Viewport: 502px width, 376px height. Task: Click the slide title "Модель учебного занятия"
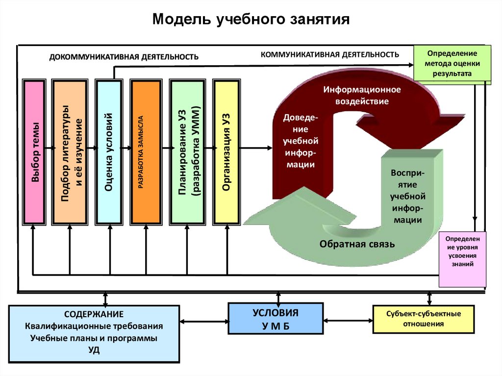(x=251, y=20)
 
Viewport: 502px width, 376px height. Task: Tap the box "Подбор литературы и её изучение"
(x=70, y=152)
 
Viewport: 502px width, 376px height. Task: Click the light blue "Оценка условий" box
(x=109, y=152)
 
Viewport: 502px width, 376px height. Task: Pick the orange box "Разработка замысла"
(x=146, y=152)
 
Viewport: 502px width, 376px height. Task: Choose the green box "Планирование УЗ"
(x=187, y=152)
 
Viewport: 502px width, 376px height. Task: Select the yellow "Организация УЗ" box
(x=226, y=152)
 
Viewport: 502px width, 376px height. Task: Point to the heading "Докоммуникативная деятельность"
(x=124, y=57)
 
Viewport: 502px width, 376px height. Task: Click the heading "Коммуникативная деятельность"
(x=329, y=54)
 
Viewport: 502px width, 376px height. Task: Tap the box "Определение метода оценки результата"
(x=452, y=63)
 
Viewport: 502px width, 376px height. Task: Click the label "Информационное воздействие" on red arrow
(x=362, y=95)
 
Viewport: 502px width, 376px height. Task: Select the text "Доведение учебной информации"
(x=301, y=141)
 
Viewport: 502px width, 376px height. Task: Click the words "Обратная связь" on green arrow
(x=357, y=244)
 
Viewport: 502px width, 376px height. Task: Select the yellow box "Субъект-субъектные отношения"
(x=423, y=319)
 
